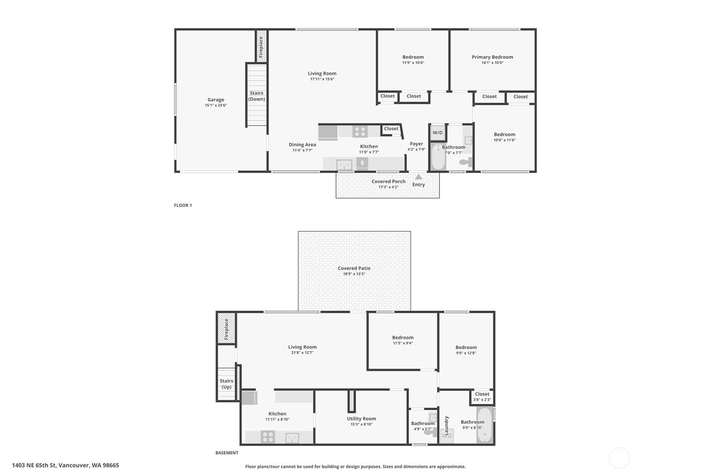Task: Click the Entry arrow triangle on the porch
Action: coord(419,177)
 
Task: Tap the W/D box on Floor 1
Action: coord(437,133)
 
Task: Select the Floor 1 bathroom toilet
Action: coord(466,162)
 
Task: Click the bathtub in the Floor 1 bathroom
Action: coord(438,157)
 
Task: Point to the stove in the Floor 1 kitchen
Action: coord(360,132)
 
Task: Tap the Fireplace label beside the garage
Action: coord(261,47)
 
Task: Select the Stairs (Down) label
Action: coord(256,96)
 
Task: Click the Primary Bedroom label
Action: coord(492,57)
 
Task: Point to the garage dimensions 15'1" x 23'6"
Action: coord(216,106)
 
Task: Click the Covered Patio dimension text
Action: coord(354,274)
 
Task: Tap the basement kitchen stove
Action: coord(268,437)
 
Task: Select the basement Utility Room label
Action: coord(362,419)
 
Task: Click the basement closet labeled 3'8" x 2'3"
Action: coord(482,397)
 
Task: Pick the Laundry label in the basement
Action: coord(446,426)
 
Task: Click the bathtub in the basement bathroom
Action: coord(485,425)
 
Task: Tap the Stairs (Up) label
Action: coord(226,384)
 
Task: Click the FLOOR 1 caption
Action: coord(183,205)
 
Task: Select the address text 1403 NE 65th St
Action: coord(34,465)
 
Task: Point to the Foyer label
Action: coord(416,144)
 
